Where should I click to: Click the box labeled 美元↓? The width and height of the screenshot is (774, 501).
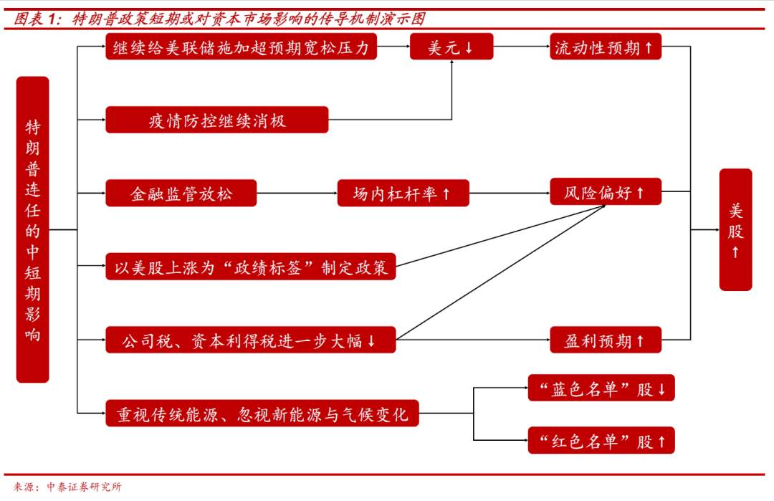pos(451,47)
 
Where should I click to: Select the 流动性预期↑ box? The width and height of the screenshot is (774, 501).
pos(605,47)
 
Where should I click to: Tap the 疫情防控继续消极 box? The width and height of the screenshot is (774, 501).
pos(216,120)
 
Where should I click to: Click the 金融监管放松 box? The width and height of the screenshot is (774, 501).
pos(181,193)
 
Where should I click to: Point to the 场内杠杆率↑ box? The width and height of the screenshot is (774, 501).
pos(403,193)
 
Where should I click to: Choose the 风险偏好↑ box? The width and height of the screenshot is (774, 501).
pos(605,191)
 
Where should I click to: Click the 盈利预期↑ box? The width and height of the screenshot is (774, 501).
pos(605,340)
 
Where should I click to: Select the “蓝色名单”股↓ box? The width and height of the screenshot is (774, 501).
pos(601,388)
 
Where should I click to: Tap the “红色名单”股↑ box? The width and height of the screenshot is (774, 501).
pos(601,440)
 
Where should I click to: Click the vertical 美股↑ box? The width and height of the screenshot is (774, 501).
pos(735,229)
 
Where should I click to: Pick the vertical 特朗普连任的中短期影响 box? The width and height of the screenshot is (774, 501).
pos(32,229)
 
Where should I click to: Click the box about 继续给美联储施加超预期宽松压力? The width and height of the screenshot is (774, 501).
pos(241,47)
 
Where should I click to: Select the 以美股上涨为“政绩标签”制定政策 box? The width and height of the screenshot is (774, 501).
pos(251,267)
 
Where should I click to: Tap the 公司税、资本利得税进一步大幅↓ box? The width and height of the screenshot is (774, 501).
pos(251,340)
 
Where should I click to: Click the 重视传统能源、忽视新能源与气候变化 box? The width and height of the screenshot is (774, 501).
pos(262,413)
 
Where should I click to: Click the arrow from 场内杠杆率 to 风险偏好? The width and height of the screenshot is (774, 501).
pos(510,193)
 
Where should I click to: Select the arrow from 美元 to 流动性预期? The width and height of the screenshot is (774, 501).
pos(522,47)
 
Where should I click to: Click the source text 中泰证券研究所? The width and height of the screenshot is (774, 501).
pos(84,487)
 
